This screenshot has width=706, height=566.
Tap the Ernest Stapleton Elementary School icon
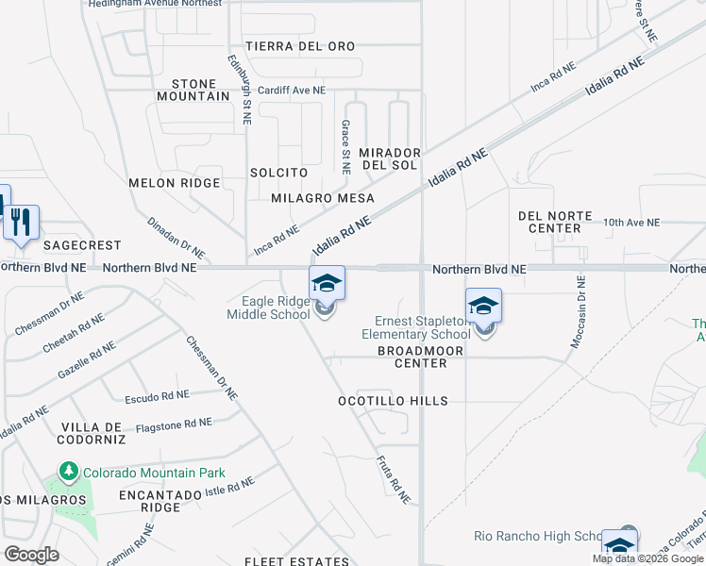tap(482, 307)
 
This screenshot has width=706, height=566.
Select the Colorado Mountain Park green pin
tap(68, 470)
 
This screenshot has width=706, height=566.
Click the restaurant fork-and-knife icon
tap(21, 224)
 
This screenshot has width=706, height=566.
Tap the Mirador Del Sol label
tap(389, 158)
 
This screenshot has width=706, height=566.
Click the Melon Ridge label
tap(174, 183)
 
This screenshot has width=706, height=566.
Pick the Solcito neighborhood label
tap(278, 173)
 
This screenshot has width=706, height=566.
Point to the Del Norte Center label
tap(549, 222)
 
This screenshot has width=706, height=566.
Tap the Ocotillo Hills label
tap(393, 401)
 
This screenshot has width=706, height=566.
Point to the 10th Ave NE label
tap(631, 223)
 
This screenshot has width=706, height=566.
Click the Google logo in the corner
tap(31, 555)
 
